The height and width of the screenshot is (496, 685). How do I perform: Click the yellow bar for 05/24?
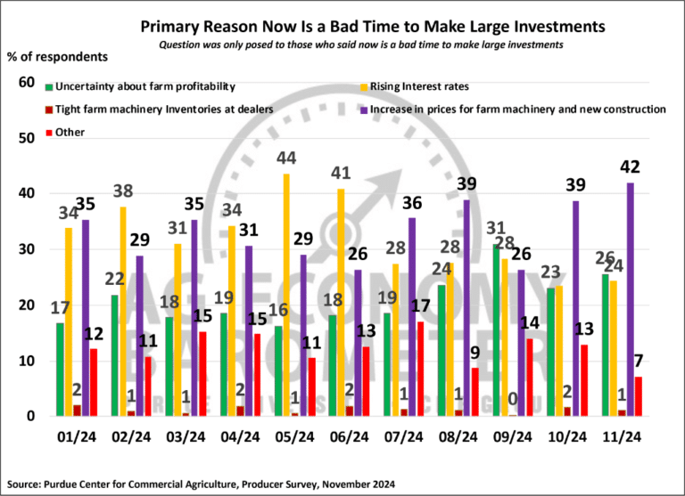pos(285,294)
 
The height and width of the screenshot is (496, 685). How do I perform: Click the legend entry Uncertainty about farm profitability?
pos(143,87)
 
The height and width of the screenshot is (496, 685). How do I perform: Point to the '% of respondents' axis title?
pos(58,57)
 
